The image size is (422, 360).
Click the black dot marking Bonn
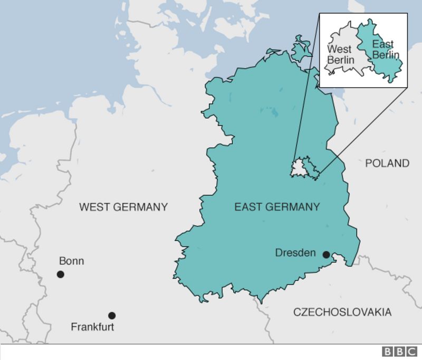[61, 274]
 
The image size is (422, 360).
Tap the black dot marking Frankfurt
[112, 316]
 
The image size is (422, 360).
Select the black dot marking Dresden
[326, 255]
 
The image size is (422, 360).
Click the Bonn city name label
[71, 261]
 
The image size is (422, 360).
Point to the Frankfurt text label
[92, 327]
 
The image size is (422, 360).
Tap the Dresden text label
[295, 253]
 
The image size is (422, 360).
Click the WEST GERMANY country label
[123, 207]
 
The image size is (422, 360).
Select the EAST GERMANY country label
[276, 207]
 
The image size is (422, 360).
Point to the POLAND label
[387, 163]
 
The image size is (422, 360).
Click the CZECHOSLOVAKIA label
[342, 312]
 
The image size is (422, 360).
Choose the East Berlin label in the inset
[385, 49]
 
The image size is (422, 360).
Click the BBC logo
[400, 352]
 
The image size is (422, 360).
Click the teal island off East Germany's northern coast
[301, 50]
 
